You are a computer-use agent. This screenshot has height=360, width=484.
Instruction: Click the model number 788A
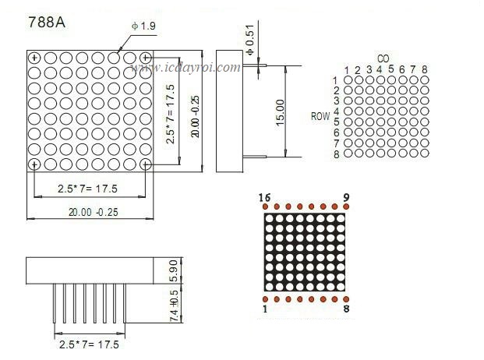tap(44, 22)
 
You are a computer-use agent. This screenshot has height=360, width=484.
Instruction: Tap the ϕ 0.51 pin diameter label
tap(249, 41)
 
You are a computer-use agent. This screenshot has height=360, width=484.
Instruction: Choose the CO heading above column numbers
tap(383, 58)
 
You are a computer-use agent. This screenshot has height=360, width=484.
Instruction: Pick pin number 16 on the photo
tap(265, 198)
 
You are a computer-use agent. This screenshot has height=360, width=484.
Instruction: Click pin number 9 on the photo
tap(347, 198)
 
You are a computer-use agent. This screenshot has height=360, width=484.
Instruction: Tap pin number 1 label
tap(265, 309)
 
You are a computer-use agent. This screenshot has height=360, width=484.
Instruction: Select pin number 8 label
tap(347, 309)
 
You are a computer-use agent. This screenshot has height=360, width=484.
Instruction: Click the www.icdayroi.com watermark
tap(186, 69)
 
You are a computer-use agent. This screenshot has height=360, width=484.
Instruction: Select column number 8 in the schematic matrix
tap(425, 69)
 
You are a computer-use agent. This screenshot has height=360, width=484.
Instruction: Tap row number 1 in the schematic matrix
tap(336, 80)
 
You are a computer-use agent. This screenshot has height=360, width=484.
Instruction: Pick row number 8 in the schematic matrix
tap(336, 154)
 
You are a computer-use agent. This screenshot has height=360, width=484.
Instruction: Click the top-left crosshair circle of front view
tap(34, 58)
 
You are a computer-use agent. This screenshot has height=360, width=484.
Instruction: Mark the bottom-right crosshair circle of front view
tap(146, 164)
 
